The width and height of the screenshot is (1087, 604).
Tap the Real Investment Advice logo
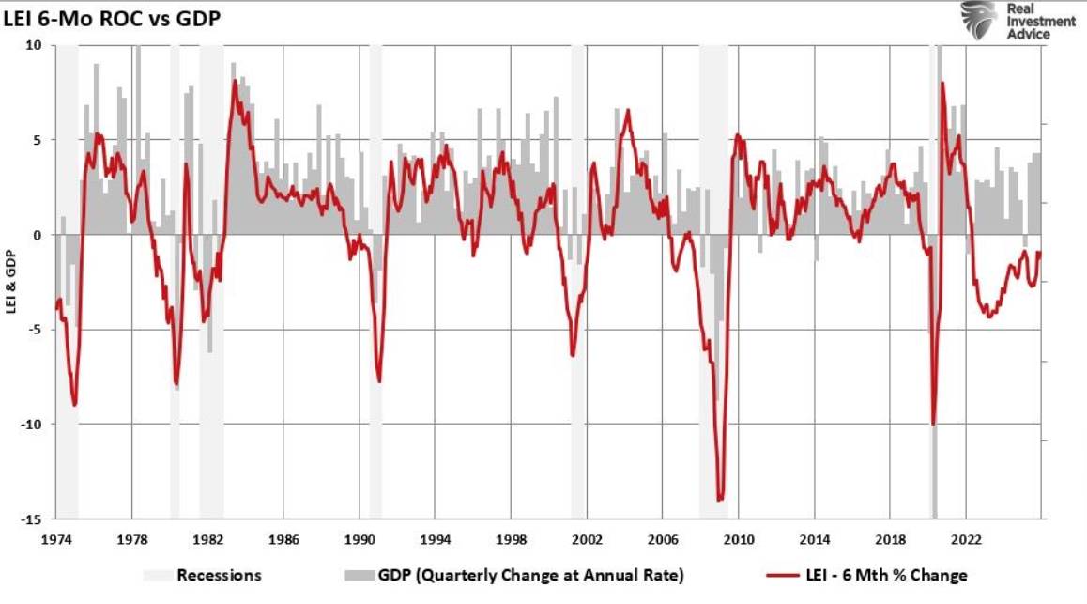click(1016, 21)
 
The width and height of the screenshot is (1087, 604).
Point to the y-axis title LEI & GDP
click(12, 282)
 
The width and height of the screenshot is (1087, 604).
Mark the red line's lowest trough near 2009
click(720, 500)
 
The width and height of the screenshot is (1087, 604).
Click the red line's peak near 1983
click(235, 81)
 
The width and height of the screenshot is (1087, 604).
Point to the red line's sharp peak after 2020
click(942, 83)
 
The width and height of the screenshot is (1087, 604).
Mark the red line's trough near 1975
click(74, 405)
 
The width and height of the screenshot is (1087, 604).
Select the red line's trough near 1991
click(379, 381)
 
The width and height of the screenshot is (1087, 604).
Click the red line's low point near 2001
click(573, 355)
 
